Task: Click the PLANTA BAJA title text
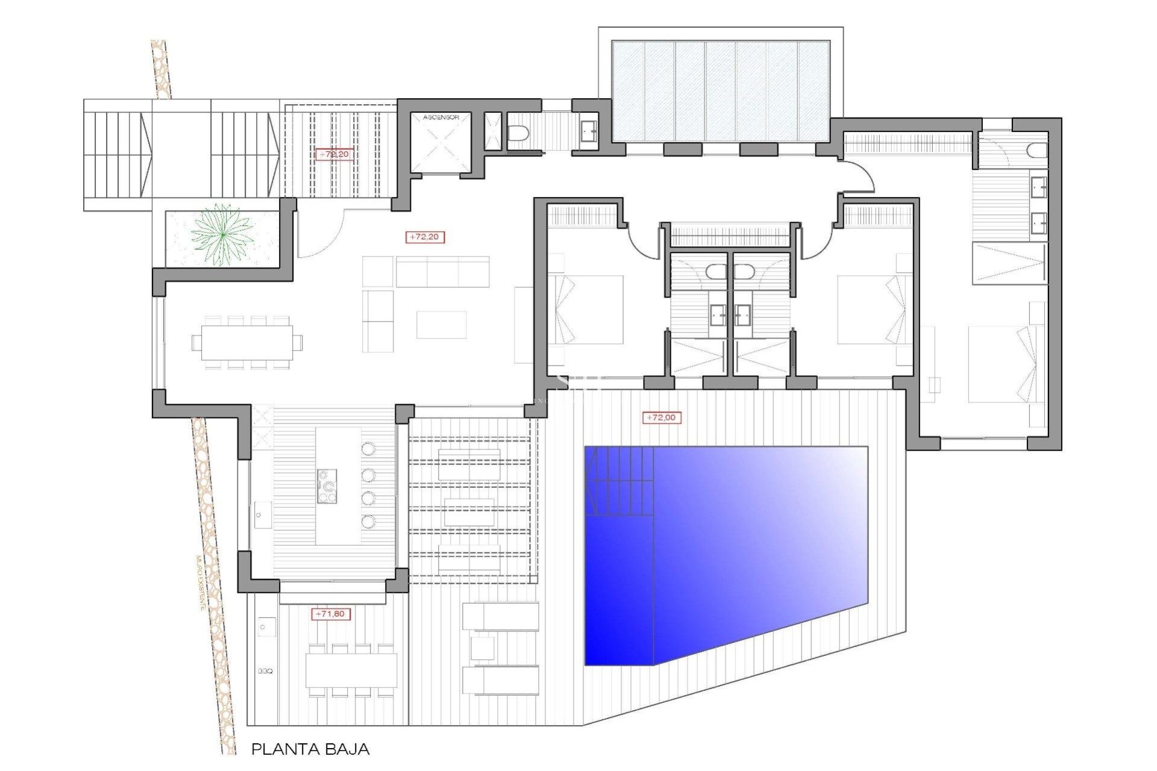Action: click(310, 749)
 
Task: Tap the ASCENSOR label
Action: click(441, 117)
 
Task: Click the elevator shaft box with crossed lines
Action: click(441, 145)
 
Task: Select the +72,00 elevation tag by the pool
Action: click(662, 417)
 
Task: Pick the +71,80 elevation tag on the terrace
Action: click(331, 614)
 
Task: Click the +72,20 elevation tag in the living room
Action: click(425, 237)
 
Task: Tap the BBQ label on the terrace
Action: click(265, 671)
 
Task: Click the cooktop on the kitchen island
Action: click(327, 486)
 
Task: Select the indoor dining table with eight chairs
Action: click(247, 343)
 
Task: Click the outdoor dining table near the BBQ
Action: click(351, 670)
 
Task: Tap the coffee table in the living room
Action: click(441, 325)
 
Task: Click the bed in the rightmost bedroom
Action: click(1003, 364)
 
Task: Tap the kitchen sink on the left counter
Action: click(262, 515)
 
